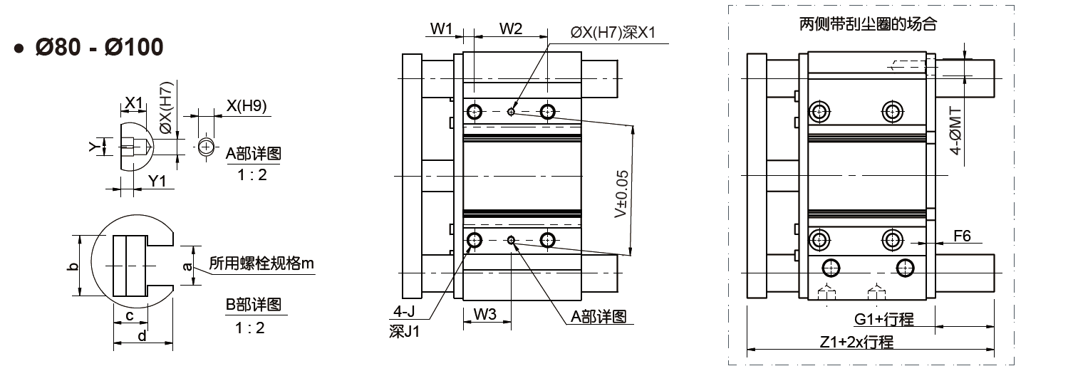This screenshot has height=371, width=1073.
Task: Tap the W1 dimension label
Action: [x=441, y=28]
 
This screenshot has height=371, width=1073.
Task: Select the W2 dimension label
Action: [x=511, y=28]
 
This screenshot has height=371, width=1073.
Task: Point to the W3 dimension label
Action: [x=484, y=315]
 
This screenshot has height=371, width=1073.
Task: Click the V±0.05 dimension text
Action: [x=621, y=194]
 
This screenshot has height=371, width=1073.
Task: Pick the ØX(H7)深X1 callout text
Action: [x=613, y=33]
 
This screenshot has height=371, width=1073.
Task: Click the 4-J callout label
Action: [x=404, y=312]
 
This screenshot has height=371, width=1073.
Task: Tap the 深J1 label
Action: [x=404, y=331]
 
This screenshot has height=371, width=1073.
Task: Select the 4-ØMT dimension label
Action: [x=955, y=131]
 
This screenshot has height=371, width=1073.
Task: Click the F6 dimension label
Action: [x=962, y=236]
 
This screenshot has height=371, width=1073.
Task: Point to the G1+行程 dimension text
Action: [x=883, y=319]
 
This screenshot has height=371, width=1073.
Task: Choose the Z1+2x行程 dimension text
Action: [x=856, y=343]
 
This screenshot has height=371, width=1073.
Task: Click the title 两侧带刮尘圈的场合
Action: [x=868, y=24]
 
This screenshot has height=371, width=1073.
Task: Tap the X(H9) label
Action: [x=247, y=105]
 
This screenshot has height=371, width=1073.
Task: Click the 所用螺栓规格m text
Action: [x=261, y=263]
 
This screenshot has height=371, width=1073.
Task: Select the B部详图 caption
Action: [x=254, y=305]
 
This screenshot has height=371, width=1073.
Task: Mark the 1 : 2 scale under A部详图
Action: [x=252, y=174]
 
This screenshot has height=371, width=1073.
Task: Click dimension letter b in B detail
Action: [x=73, y=266]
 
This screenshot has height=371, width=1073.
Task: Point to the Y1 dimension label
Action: [x=157, y=182]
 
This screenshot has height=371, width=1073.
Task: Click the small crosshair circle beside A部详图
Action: [x=206, y=146]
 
